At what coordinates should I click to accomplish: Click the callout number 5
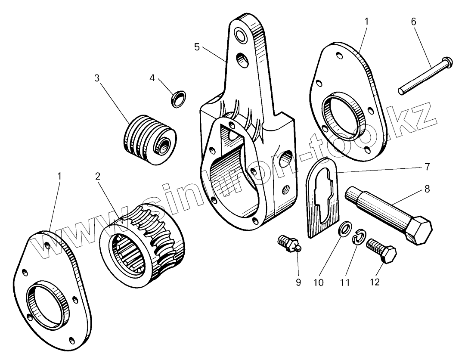point(197,47)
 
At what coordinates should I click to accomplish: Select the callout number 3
point(97,78)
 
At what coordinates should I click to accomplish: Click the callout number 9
point(298,282)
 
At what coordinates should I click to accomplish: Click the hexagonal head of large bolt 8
point(418,231)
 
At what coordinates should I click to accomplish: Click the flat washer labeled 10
point(344,229)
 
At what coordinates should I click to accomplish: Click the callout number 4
point(152,78)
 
